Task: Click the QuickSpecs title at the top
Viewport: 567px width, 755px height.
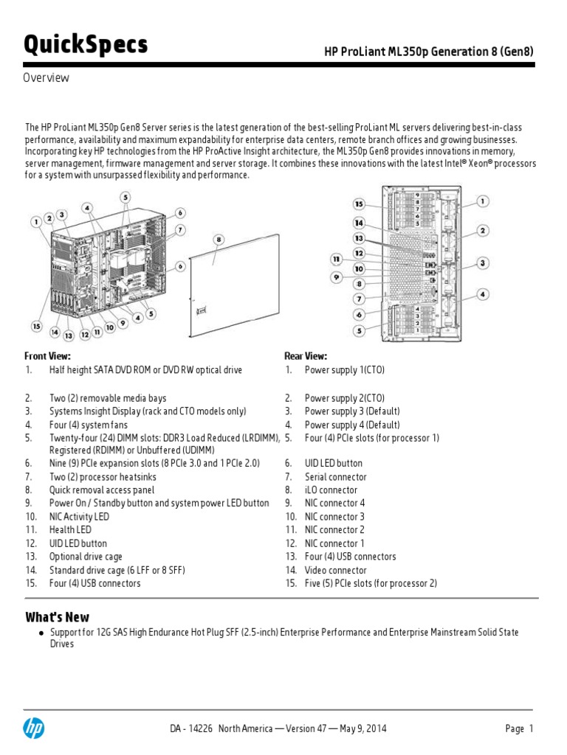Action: pos(86,45)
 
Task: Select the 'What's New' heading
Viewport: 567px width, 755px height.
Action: pos(57,617)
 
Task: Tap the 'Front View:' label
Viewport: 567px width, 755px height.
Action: pos(47,356)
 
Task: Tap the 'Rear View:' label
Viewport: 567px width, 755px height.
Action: pos(306,356)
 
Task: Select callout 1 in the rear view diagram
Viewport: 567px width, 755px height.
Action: pos(482,201)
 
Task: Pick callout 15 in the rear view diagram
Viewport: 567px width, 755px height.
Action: pos(359,203)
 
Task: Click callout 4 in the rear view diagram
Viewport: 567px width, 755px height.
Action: pos(482,294)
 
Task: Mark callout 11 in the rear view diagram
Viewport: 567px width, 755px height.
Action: pos(336,260)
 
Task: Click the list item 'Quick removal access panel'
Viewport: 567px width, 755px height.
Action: pos(102,490)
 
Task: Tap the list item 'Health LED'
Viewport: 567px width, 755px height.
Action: pos(70,529)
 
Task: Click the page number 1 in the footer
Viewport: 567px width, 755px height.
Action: pos(530,728)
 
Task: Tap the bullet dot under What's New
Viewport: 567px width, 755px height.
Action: pos(42,633)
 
